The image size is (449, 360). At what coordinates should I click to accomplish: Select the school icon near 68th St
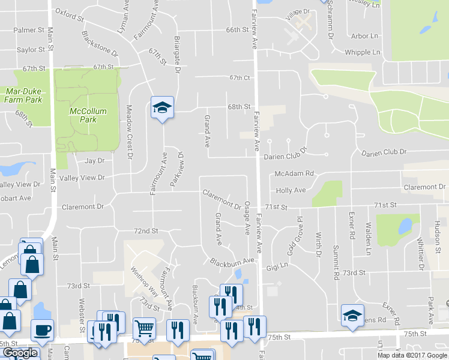[x=162, y=108]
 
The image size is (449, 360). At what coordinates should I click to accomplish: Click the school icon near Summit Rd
[x=352, y=315]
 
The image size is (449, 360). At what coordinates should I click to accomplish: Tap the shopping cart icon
[x=144, y=329]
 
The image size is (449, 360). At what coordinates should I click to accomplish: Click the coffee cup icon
[x=42, y=331]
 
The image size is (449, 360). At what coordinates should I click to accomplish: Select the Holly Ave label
[x=291, y=191]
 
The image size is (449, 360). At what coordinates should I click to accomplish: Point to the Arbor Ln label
[x=364, y=36]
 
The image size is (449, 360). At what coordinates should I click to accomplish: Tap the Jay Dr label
[x=94, y=161]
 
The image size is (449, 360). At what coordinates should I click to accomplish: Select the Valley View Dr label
[x=84, y=178]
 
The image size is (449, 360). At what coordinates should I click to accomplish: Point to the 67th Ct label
[x=238, y=77]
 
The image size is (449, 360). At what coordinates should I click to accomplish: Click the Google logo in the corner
[x=19, y=353]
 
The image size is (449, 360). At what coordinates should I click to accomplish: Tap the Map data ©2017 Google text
[x=412, y=355]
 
